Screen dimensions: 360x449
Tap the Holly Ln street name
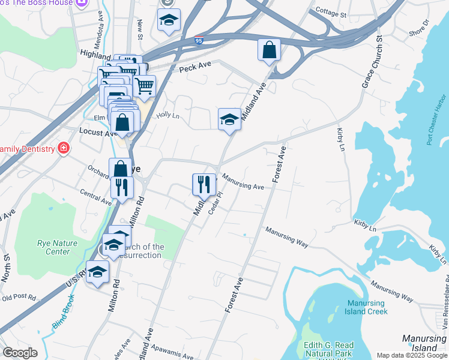click(168, 115)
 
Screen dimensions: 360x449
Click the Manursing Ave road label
click(243, 182)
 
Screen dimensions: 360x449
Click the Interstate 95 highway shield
click(199, 41)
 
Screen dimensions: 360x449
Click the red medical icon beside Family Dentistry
click(62, 148)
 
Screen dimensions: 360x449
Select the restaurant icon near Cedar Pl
click(203, 184)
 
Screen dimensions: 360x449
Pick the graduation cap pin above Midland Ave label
click(229, 119)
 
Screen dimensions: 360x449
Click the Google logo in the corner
click(19, 353)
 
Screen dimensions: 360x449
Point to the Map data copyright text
click(412, 355)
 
